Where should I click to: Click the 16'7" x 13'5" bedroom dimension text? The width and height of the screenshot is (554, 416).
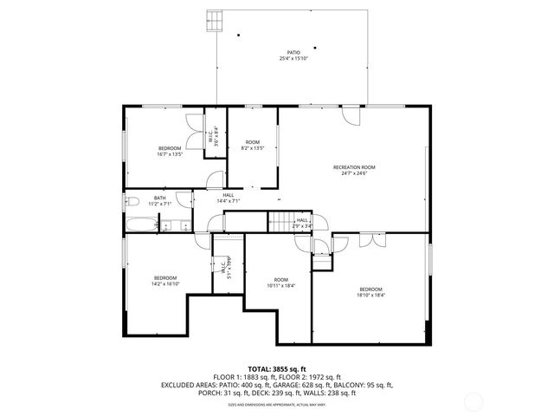coord(170,154)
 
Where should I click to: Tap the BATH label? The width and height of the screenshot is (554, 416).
coord(160,198)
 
